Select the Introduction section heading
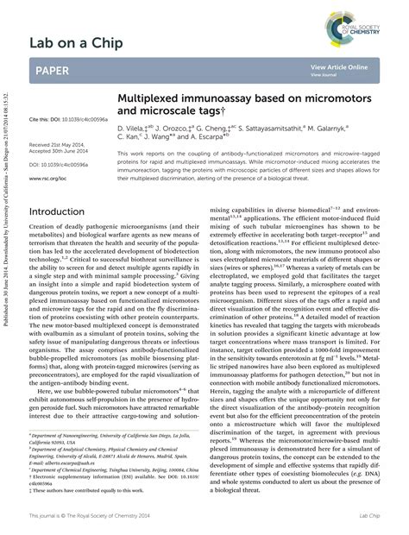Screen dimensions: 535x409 point(62,211)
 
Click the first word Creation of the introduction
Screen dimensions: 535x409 point(43,230)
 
